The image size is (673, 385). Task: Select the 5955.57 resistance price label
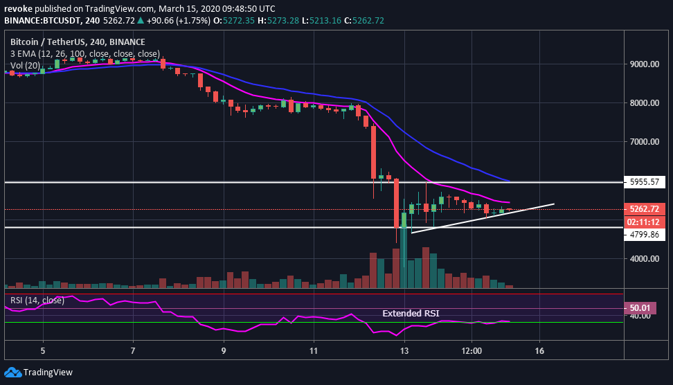(x=647, y=183)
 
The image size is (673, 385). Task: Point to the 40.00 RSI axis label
(x=641, y=316)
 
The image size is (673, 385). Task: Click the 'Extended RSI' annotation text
(x=411, y=314)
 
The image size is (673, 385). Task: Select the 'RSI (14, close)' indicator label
(x=37, y=300)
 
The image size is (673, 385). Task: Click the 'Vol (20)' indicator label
(x=25, y=65)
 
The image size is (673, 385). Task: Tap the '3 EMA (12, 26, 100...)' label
(x=85, y=53)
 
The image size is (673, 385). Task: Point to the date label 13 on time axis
(x=404, y=350)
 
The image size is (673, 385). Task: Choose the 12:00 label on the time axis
(x=472, y=350)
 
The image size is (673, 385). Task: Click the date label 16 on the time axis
(x=539, y=350)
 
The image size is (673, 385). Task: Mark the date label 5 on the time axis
(x=43, y=350)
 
